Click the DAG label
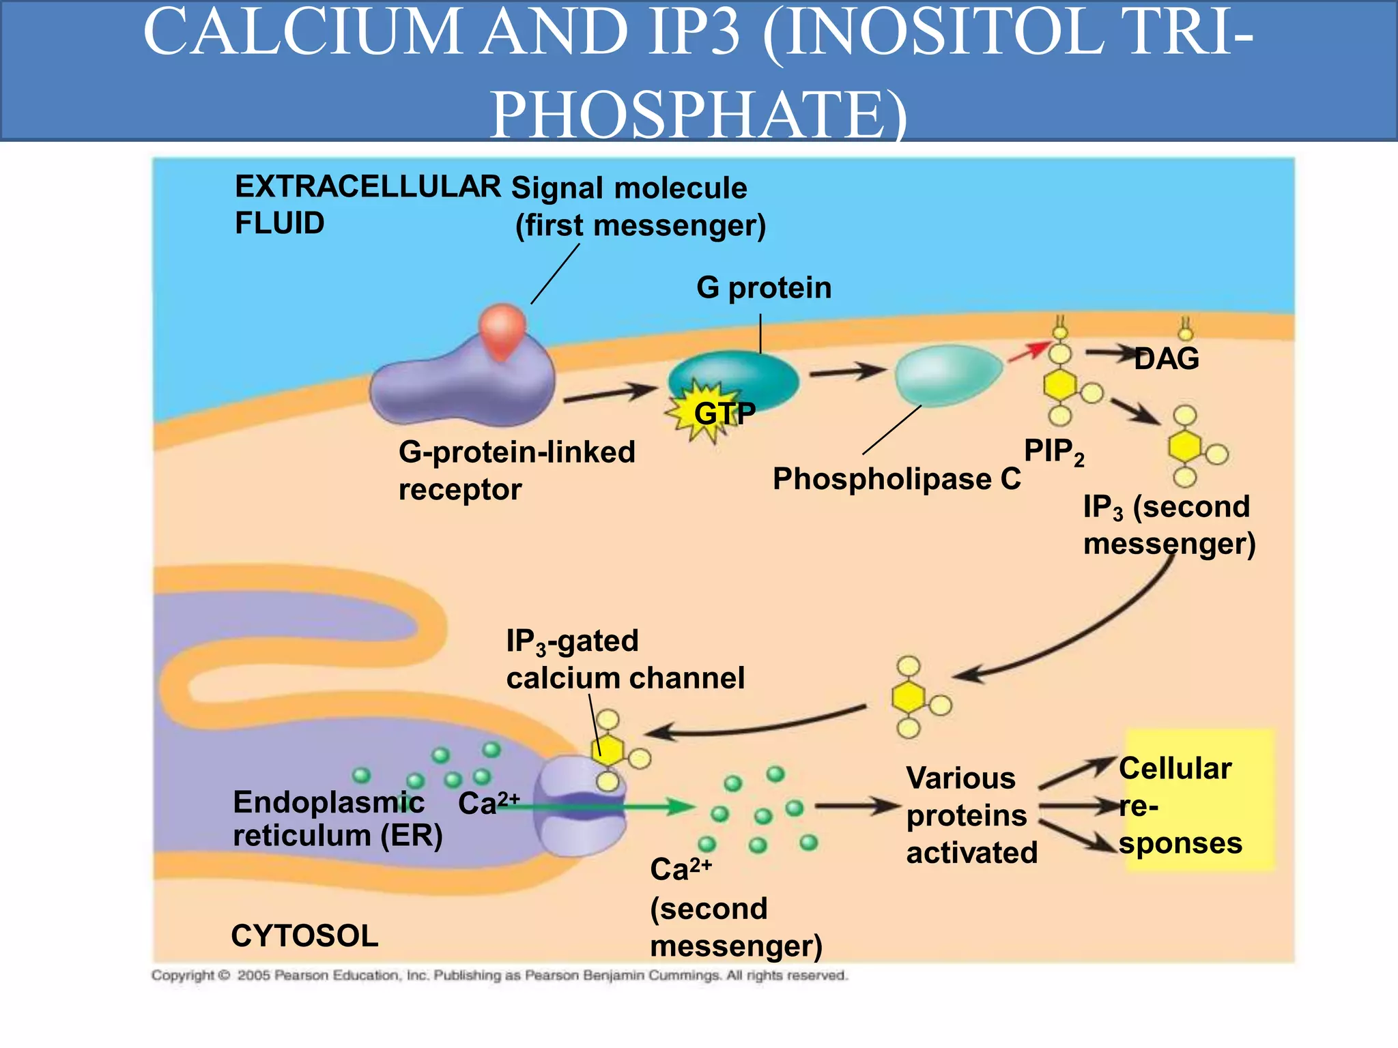coord(1167,359)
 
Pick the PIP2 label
coord(1053,452)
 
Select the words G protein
coord(764,288)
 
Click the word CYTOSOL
coord(304,935)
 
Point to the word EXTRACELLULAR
coord(368,186)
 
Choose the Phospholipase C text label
coord(896,479)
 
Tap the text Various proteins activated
coord(971,815)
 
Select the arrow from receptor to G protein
coord(610,394)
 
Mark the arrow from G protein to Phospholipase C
coord(846,373)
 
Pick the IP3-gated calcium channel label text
coord(625,660)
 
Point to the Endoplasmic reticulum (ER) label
coord(337,819)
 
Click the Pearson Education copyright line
coord(499,976)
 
